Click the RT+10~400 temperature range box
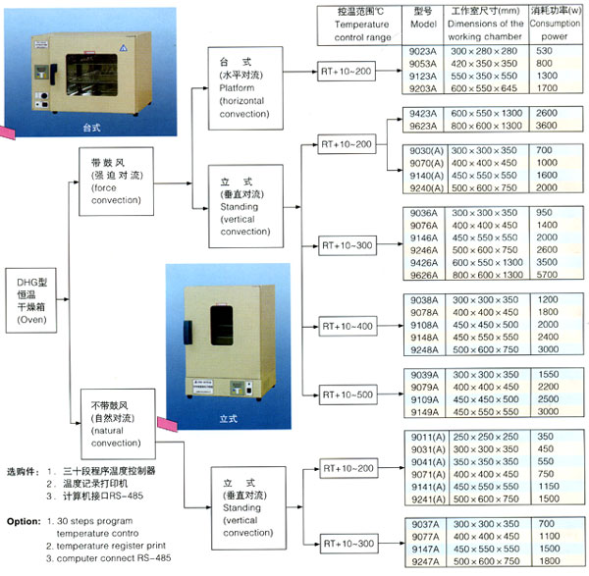(x=348, y=325)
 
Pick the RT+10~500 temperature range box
(x=348, y=393)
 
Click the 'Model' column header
(x=421, y=25)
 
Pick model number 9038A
(x=423, y=298)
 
